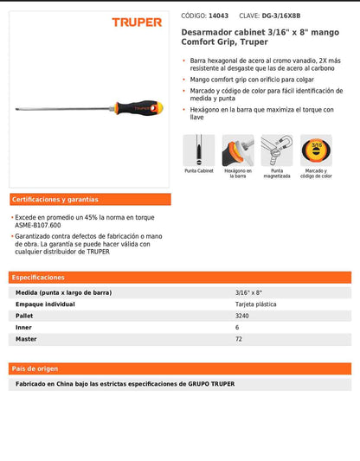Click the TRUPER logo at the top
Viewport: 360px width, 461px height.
pos(137,22)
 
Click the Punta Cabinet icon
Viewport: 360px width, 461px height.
pos(198,150)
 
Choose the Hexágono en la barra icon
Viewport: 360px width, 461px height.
pos(237,150)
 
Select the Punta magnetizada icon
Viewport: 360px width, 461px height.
pos(276,150)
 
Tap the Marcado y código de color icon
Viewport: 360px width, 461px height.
pos(315,150)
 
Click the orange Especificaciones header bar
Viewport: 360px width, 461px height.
pos(38,278)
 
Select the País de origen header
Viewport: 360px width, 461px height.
pos(35,368)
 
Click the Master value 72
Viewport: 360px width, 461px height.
pos(239,341)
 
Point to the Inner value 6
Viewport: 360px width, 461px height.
pos(237,329)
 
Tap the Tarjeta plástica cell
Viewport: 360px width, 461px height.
pos(256,304)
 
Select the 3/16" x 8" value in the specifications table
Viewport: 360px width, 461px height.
pos(248,292)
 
